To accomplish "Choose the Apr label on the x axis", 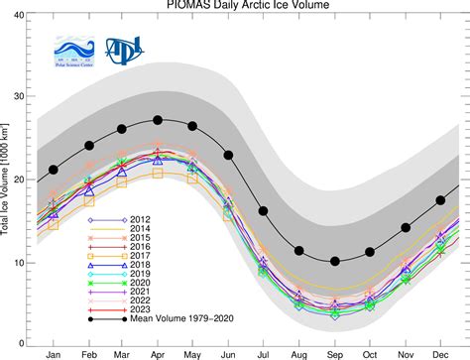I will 158,352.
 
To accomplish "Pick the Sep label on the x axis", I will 334,352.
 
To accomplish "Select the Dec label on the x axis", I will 439,352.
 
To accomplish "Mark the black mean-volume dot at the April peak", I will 158,120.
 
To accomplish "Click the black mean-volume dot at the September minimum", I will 334,261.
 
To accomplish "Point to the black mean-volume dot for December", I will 439,199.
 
